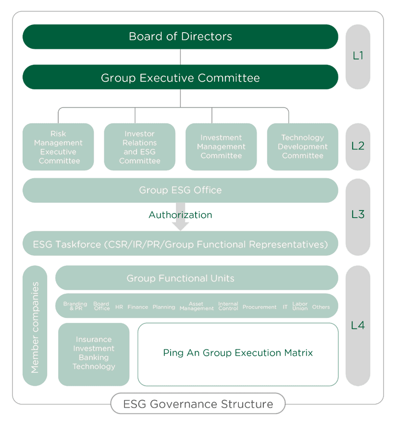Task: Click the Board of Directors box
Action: tap(180, 37)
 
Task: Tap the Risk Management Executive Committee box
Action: tap(58, 147)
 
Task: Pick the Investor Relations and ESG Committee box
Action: tap(140, 147)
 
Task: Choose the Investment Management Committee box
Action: tap(221, 147)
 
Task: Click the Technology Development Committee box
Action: tap(303, 147)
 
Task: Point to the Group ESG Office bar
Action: tap(180, 190)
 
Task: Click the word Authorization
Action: tap(180, 215)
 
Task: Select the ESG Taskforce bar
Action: tap(180, 244)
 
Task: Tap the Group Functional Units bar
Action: tap(197, 278)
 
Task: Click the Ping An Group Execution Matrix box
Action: tap(238, 354)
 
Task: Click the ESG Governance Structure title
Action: tap(198, 404)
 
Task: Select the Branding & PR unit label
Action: tap(75, 306)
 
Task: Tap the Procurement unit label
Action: tap(260, 307)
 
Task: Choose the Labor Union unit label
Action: tap(300, 306)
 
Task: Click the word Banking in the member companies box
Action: tap(94, 357)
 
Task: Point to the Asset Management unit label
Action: tap(197, 306)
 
